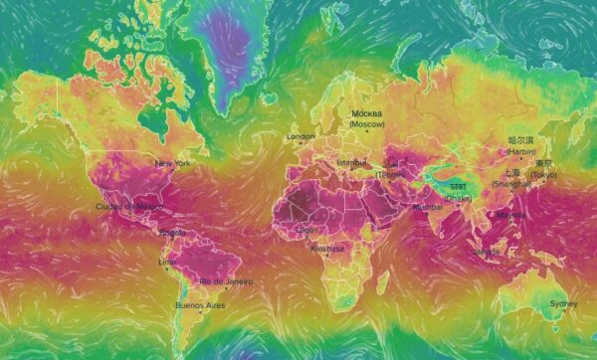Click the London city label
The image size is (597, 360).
click(x=300, y=136)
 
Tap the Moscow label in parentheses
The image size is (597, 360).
click(x=367, y=124)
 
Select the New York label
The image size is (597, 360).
click(x=172, y=163)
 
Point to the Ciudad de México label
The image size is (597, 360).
click(x=127, y=206)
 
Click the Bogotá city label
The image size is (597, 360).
click(x=172, y=234)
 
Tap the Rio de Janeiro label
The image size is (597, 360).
click(x=226, y=281)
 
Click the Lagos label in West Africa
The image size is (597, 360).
click(x=307, y=229)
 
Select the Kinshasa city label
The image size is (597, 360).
click(x=326, y=249)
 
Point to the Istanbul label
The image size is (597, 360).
click(x=351, y=161)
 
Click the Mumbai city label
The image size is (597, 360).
click(x=428, y=207)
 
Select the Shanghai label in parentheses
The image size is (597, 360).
click(x=510, y=184)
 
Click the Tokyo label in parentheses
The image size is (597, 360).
click(x=544, y=175)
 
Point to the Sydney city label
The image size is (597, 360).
click(x=563, y=303)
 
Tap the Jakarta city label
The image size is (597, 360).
click(x=488, y=252)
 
